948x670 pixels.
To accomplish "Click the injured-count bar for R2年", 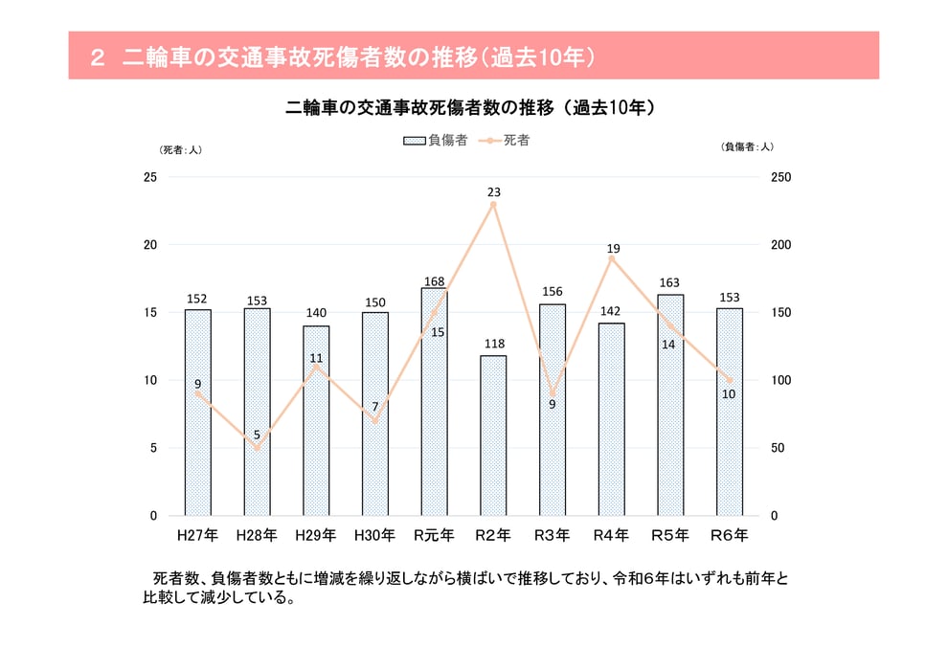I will pos(493,435).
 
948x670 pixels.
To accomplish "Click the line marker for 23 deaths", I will pos(493,205).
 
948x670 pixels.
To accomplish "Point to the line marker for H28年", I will pos(257,448).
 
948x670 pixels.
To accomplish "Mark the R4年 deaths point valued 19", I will pos(611,258).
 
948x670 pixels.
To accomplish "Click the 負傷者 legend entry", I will pos(435,141).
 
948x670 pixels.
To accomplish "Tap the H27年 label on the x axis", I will pos(197,535).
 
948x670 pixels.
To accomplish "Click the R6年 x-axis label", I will pos(730,535).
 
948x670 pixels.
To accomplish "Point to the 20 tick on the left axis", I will pos(150,245).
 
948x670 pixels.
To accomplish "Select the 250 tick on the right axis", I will pos(781,178).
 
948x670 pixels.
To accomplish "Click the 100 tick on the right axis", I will pos(781,381).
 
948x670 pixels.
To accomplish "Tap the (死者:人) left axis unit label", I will pos(180,149).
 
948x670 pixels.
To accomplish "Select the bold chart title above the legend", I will pos(471,108).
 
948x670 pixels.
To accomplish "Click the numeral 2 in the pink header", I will pos(96,57).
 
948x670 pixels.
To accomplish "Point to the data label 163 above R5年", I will pos(670,282).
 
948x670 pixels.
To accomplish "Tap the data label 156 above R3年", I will pos(553,292).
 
